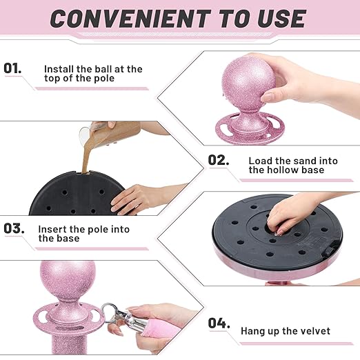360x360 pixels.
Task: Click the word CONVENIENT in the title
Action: [x=130, y=19]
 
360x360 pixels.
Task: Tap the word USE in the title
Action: [x=281, y=19]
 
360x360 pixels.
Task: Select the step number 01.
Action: [x=13, y=68]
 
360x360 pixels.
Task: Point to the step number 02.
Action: [x=219, y=160]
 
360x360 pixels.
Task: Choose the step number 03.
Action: [x=14, y=228]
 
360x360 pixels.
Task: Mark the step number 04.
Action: [x=219, y=323]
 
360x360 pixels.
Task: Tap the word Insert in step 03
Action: [x=52, y=230]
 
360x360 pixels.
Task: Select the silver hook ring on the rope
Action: [x=109, y=310]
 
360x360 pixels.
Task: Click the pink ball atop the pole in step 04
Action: [x=68, y=278]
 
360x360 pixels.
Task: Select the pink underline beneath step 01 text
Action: [x=92, y=89]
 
